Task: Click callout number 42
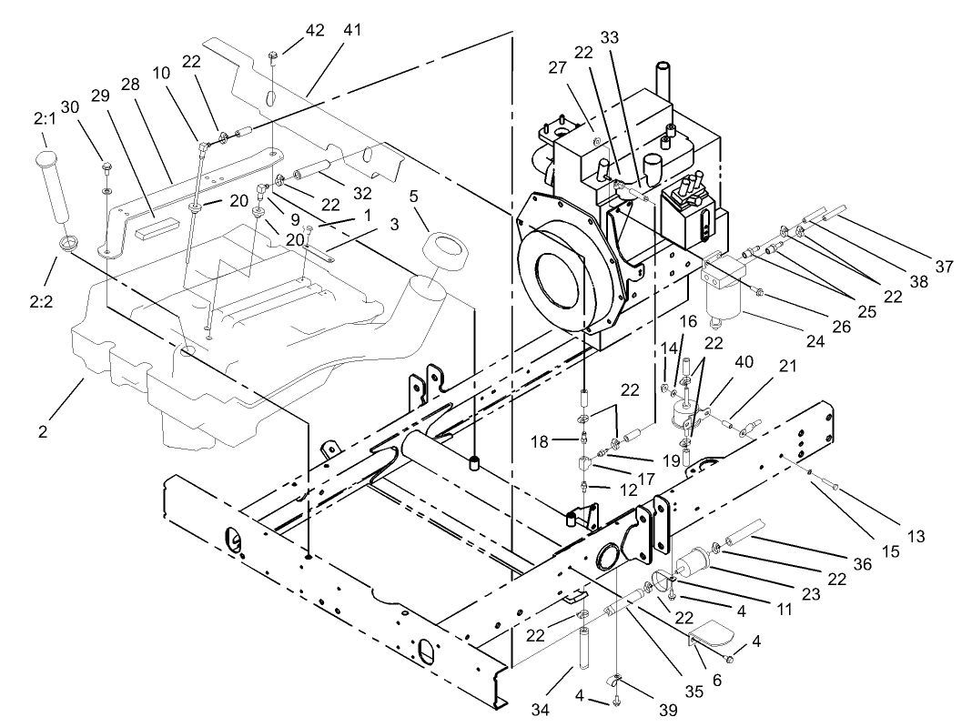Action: [x=315, y=30]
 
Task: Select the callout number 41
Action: [x=352, y=30]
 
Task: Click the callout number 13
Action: [x=916, y=537]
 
